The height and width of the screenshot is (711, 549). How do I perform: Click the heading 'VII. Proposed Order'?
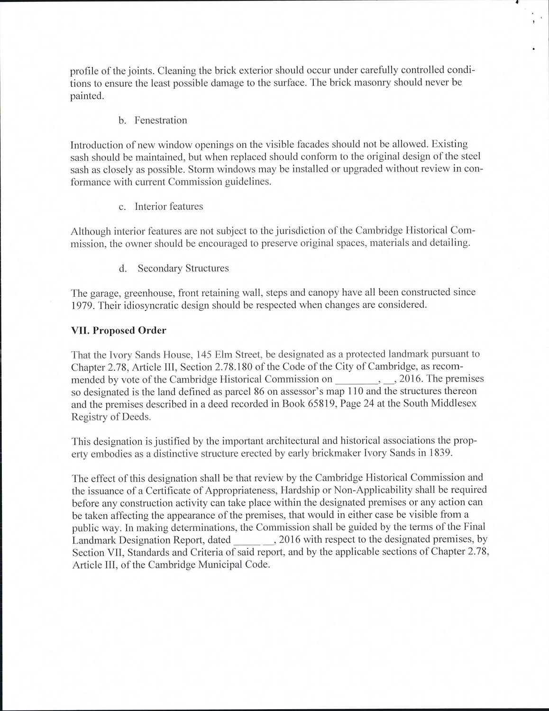(x=119, y=330)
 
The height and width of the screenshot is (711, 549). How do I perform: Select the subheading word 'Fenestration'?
(x=161, y=120)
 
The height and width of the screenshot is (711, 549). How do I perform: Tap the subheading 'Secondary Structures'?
(x=183, y=268)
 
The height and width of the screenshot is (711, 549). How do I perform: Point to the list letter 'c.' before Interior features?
(x=122, y=207)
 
